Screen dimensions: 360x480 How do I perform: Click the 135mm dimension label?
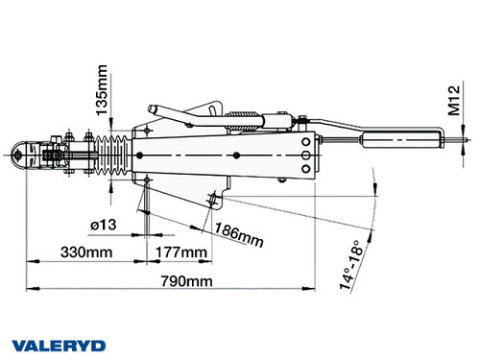click(99, 88)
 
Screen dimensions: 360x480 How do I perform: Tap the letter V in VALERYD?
click(18, 345)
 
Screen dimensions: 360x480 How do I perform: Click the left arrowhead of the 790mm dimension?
click(30, 287)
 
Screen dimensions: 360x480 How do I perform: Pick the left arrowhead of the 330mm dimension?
click(30, 259)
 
